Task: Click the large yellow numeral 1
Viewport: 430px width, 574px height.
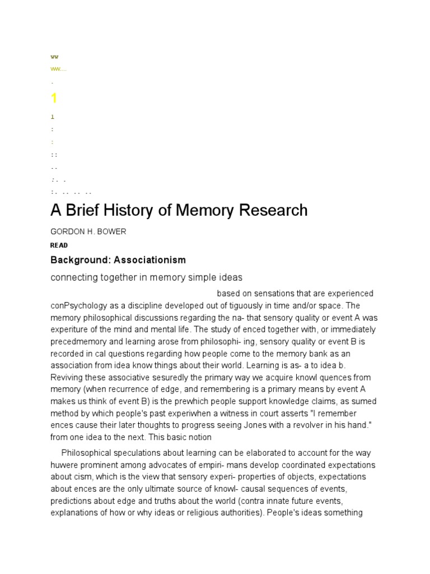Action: pyautogui.click(x=54, y=99)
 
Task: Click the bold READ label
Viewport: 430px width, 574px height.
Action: pyautogui.click(x=59, y=246)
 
